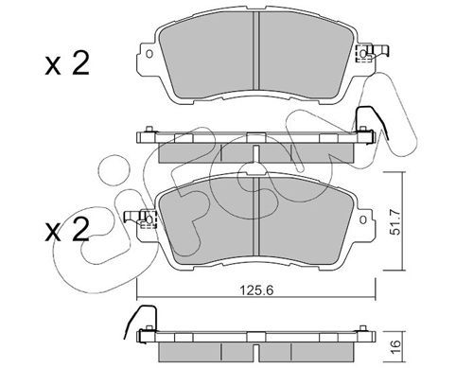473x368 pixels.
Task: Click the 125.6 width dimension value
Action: pyautogui.click(x=256, y=289)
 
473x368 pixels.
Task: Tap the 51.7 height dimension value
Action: pyautogui.click(x=394, y=222)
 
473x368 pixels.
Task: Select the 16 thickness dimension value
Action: pyautogui.click(x=396, y=347)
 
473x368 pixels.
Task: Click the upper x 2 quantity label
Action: pyautogui.click(x=67, y=64)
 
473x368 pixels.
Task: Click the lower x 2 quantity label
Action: pyautogui.click(x=67, y=230)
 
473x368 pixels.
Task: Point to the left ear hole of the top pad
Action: pyautogui.click(x=149, y=54)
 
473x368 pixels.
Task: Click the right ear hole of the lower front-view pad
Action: pyautogui.click(x=363, y=219)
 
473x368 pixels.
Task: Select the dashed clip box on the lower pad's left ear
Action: pyautogui.click(x=149, y=219)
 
